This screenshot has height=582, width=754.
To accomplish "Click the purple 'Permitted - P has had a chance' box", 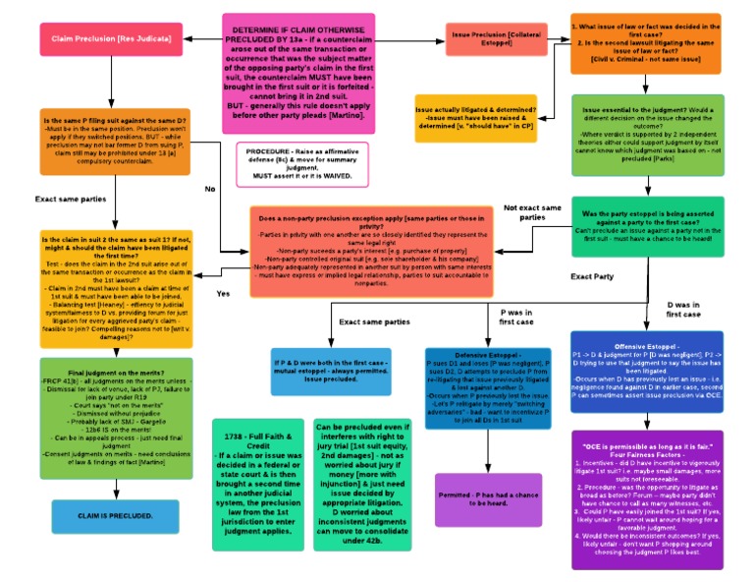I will click(x=489, y=498).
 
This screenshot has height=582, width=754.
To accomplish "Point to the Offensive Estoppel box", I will click(x=647, y=376).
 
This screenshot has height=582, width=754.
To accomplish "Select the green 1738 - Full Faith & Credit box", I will click(x=259, y=484).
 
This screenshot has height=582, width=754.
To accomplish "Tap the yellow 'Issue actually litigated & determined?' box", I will click(x=475, y=119).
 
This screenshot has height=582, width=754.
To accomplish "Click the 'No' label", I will click(x=209, y=188).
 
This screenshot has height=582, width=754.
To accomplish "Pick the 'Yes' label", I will click(x=223, y=293).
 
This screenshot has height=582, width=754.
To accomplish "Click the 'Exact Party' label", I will click(x=594, y=276).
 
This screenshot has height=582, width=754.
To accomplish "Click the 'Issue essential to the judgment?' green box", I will click(x=647, y=136).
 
